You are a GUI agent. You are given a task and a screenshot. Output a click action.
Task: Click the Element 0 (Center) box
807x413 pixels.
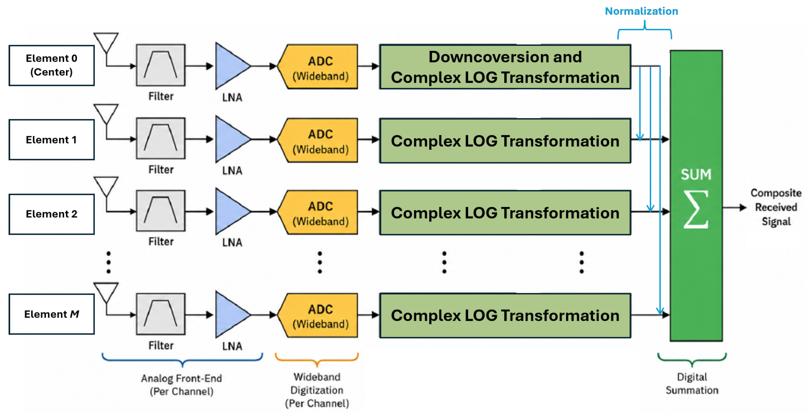(52, 65)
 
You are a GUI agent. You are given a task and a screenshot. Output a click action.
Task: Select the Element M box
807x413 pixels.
(52, 314)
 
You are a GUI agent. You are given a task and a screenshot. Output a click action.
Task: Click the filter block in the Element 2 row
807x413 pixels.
(161, 211)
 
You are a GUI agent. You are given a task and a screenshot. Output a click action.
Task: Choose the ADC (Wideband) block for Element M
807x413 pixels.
(318, 315)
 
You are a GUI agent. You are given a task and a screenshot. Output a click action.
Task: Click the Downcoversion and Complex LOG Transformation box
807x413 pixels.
(505, 67)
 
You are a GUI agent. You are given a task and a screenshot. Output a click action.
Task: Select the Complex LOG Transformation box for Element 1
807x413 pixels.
(505, 141)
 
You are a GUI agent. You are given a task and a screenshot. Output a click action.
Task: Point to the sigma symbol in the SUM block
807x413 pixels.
(696, 209)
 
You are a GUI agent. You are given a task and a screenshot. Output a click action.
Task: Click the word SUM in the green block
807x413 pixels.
(696, 174)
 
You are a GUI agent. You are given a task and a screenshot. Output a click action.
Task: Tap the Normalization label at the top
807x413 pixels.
(641, 11)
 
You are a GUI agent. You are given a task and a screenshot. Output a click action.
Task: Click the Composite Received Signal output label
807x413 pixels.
(776, 207)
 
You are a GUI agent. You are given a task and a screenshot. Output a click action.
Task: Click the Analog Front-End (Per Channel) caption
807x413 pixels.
(181, 385)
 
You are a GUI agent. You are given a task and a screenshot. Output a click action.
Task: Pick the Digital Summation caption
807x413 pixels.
(692, 383)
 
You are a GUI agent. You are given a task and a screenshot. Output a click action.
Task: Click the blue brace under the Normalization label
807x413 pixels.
(644, 29)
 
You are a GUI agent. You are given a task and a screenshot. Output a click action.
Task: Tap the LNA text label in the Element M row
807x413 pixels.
(232, 346)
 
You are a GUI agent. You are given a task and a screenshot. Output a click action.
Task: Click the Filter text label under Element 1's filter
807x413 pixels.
(161, 170)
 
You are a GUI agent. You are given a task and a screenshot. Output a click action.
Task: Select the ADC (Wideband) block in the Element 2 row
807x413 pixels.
(318, 212)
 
